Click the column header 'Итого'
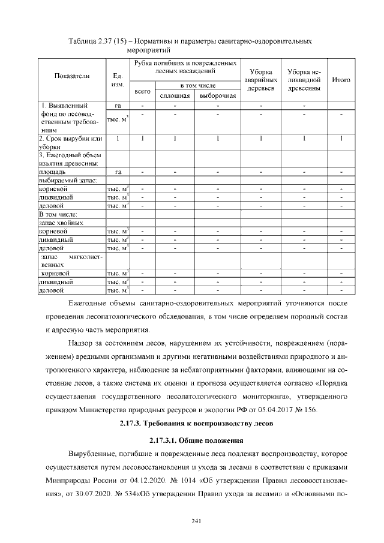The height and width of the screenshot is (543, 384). click(341, 80)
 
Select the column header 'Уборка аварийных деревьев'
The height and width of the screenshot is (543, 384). click(260, 80)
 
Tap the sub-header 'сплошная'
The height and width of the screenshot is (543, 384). click(175, 96)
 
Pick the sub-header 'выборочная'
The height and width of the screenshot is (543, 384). click(217, 96)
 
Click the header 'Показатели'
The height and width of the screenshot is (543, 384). click(71, 76)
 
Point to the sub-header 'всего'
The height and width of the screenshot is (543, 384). click(142, 92)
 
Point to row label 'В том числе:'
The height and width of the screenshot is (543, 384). click(58, 214)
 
